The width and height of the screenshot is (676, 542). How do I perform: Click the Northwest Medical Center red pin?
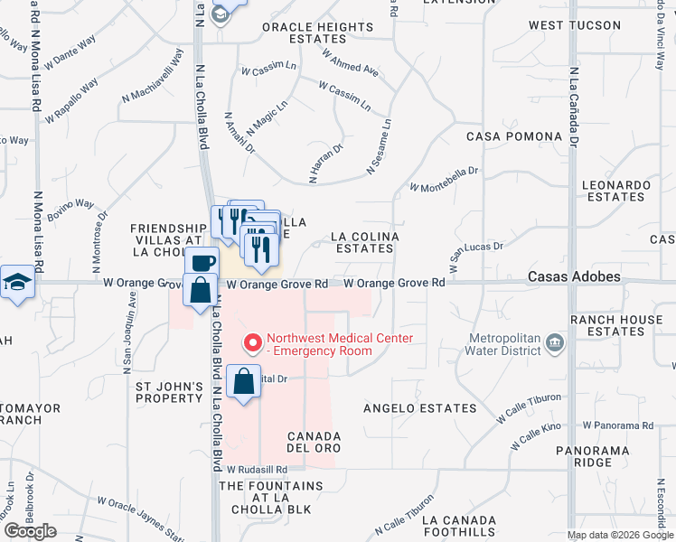(x=252, y=343)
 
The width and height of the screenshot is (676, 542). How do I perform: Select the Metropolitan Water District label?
(x=503, y=347)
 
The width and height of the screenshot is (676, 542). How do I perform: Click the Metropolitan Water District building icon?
(x=555, y=342)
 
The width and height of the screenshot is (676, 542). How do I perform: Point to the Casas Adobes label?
(x=575, y=276)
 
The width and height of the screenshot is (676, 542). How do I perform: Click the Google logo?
(x=30, y=531)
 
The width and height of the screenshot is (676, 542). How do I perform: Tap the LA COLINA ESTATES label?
(x=364, y=242)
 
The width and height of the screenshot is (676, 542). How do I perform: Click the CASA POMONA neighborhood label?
(x=514, y=136)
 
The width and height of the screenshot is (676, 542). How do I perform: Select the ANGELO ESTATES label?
(x=419, y=408)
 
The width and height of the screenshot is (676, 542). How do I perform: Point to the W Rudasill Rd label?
(x=257, y=470)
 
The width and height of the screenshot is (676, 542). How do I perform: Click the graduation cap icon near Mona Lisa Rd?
(x=16, y=282)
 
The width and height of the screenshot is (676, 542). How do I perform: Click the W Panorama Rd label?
(x=617, y=425)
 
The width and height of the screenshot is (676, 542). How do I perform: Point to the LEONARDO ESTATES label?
(x=616, y=191)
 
